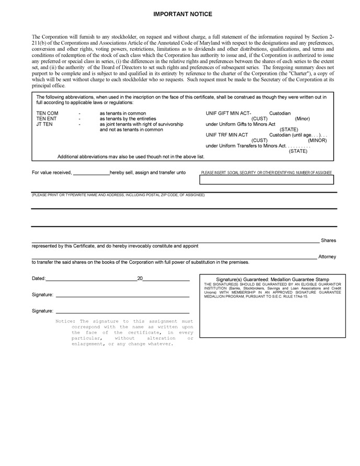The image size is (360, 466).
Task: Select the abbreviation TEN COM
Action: point(47,114)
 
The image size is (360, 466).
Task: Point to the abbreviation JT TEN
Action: point(44,125)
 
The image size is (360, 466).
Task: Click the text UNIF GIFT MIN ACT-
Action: point(229,114)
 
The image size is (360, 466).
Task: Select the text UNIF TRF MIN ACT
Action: point(227,135)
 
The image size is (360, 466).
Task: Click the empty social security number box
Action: point(266,181)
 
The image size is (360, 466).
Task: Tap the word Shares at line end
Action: point(329,241)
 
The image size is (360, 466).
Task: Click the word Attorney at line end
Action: point(327,257)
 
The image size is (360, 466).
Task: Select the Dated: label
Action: point(39,279)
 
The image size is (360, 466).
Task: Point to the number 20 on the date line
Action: point(140,279)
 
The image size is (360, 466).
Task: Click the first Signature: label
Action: point(42,295)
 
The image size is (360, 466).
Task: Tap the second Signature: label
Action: point(42,311)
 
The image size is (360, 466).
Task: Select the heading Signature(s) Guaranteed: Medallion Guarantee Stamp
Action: point(273,280)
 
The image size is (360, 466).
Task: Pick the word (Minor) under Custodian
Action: point(302,119)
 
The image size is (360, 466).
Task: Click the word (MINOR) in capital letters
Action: point(317,140)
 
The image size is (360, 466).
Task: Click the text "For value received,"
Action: point(52,172)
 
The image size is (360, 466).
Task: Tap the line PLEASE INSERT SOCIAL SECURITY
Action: point(266,173)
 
